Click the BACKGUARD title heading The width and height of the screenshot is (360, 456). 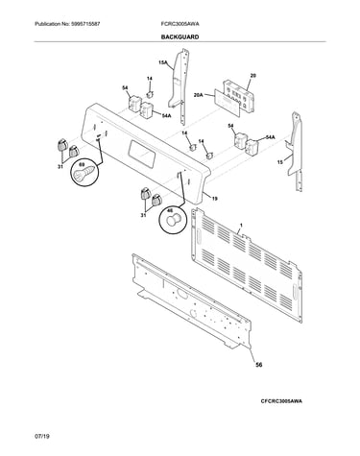pos(180,37)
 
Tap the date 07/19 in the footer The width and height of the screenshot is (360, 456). pos(42,436)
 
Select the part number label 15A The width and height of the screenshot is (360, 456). pos(163,62)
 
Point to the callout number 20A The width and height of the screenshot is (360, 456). pos(199,95)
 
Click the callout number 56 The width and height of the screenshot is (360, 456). pos(259,364)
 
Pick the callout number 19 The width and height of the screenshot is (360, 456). pos(215,199)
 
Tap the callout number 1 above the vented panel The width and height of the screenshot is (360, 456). pos(241,226)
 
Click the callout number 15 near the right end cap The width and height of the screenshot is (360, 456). pos(279,162)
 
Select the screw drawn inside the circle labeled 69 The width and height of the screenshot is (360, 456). pos(84,173)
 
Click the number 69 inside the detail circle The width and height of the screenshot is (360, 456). pos(82,164)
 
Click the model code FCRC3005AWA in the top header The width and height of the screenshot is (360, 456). pos(180,24)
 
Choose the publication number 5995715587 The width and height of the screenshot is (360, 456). pos(84,24)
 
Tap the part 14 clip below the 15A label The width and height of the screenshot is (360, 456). pos(150,94)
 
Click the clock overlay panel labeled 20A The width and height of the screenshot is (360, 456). pos(227,102)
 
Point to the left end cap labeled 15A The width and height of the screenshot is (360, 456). pos(180,84)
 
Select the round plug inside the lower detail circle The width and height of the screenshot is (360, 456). pos(175,221)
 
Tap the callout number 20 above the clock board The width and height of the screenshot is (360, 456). pos(252,76)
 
